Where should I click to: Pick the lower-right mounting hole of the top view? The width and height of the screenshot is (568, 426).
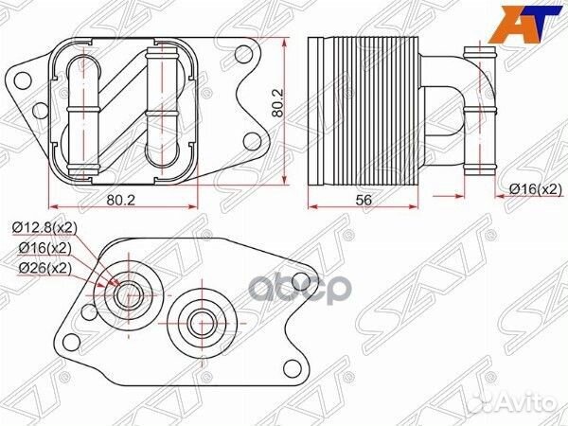click(251, 142)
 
